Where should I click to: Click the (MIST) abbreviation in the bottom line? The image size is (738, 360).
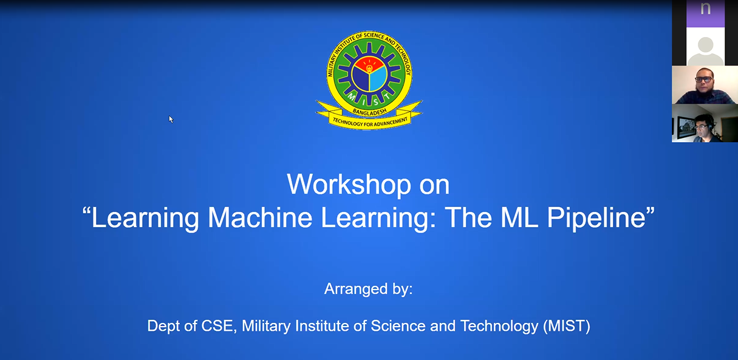click(567, 326)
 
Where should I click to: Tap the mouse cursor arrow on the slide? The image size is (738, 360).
click(171, 118)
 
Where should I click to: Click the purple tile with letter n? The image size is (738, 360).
click(705, 12)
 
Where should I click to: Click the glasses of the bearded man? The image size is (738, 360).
click(703, 79)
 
